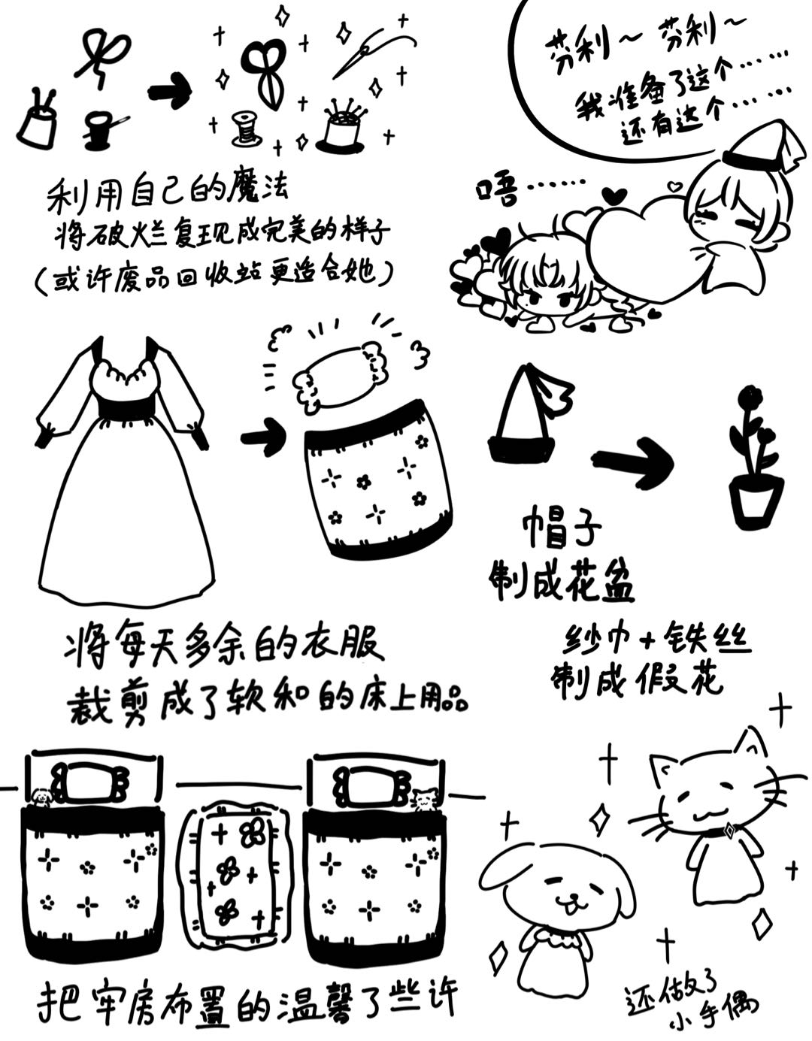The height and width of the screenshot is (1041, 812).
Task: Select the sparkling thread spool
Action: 245,129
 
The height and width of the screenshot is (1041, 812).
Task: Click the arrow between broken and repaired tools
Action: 170,91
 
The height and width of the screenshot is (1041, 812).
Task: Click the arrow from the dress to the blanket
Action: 262,437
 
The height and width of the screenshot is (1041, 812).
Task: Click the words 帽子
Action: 560,528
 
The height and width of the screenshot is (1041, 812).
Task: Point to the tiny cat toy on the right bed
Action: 425,798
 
